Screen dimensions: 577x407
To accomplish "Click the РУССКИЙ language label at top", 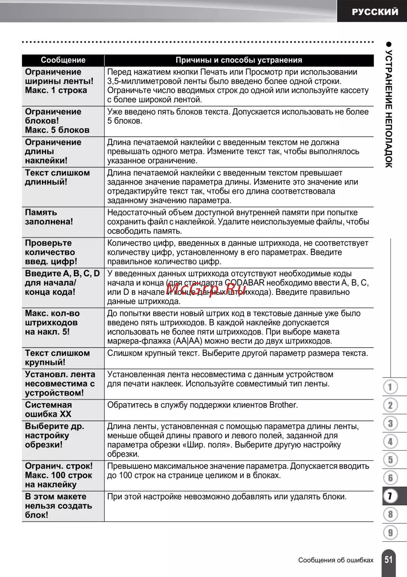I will (374, 12).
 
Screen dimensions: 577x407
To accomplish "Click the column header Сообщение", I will (63, 60).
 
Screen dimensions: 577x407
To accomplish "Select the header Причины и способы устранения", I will (239, 60).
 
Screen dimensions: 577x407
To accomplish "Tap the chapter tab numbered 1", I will (390, 387).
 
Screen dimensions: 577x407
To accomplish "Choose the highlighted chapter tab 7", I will (390, 496).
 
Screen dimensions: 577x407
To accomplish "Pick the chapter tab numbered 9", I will (390, 532).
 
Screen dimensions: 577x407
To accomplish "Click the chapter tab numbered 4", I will (390, 441).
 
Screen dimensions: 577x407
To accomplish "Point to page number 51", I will (389, 559).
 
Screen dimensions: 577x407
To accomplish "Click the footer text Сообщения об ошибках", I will (336, 560).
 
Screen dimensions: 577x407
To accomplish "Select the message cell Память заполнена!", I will (49, 217).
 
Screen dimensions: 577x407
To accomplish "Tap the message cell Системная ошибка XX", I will (48, 410).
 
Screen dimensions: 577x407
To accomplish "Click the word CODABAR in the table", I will (245, 283).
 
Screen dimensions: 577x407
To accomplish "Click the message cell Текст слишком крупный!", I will (57, 358).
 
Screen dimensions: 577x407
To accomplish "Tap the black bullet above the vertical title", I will (389, 44).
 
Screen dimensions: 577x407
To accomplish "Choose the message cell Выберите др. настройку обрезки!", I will (54, 435).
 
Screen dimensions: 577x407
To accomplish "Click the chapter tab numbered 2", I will (390, 405).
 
